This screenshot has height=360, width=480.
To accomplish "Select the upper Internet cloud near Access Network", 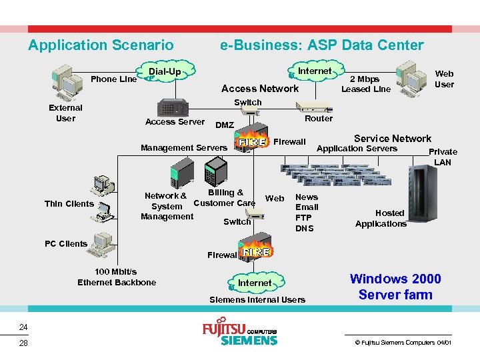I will click(313, 71).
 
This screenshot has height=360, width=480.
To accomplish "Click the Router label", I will click(318, 119).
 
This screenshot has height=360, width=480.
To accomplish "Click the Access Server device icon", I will click(175, 107).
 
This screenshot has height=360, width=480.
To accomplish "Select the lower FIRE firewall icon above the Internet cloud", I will click(256, 253).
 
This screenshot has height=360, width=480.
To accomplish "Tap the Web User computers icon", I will click(412, 76).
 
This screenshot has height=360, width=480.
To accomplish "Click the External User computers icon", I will click(69, 81).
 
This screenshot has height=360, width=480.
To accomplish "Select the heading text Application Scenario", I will click(101, 45).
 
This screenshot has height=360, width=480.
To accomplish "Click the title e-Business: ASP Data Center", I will click(321, 45).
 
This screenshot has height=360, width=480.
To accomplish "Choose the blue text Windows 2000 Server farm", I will click(395, 287).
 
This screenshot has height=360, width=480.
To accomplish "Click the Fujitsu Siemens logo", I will click(239, 333).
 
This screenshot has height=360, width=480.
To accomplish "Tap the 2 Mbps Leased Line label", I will click(365, 84).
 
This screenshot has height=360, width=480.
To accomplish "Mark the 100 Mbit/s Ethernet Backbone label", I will click(117, 277).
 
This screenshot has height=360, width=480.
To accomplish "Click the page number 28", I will click(23, 343).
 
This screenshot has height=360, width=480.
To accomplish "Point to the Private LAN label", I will click(443, 157).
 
